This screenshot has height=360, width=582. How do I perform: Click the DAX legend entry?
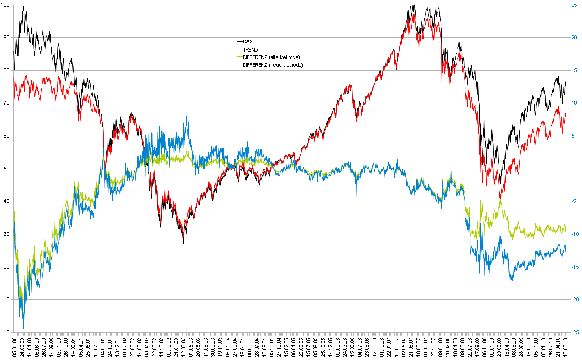(x=248, y=42)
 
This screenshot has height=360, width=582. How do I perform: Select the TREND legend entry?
(x=250, y=49)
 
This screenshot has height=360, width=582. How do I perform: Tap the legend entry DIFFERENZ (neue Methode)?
(x=273, y=64)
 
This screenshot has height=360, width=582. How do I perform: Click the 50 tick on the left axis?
(x=6, y=169)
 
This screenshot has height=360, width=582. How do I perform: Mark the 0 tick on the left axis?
(x=8, y=332)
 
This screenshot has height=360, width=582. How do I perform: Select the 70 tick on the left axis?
(x=6, y=103)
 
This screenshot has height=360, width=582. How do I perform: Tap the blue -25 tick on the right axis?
(x=575, y=332)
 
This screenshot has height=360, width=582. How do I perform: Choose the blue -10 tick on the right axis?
(x=575, y=234)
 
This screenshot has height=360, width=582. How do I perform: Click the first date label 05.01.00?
(x=16, y=347)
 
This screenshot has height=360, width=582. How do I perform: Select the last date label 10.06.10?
(x=566, y=347)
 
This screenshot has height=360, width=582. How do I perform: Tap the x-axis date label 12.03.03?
(x=183, y=347)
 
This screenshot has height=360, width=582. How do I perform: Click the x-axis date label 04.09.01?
(x=104, y=347)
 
